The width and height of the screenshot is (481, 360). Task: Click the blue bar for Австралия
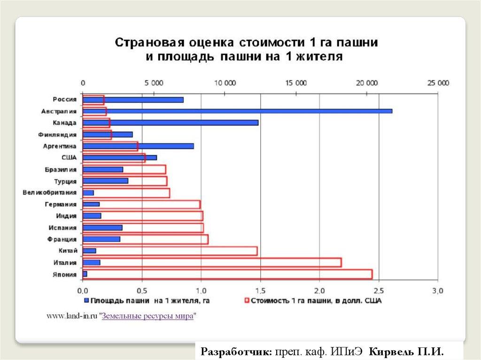pos(237,111)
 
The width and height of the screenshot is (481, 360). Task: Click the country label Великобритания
pos(49,192)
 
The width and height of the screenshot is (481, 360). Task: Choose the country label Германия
pos(61,204)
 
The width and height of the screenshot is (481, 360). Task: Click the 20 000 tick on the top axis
pos(366,83)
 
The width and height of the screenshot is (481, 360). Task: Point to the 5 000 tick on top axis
pos(154,83)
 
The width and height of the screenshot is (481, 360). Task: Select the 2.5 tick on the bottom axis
pos(379,291)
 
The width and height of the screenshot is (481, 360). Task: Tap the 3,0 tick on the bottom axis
pos(437,291)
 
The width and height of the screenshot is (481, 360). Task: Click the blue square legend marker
pos(86,300)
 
